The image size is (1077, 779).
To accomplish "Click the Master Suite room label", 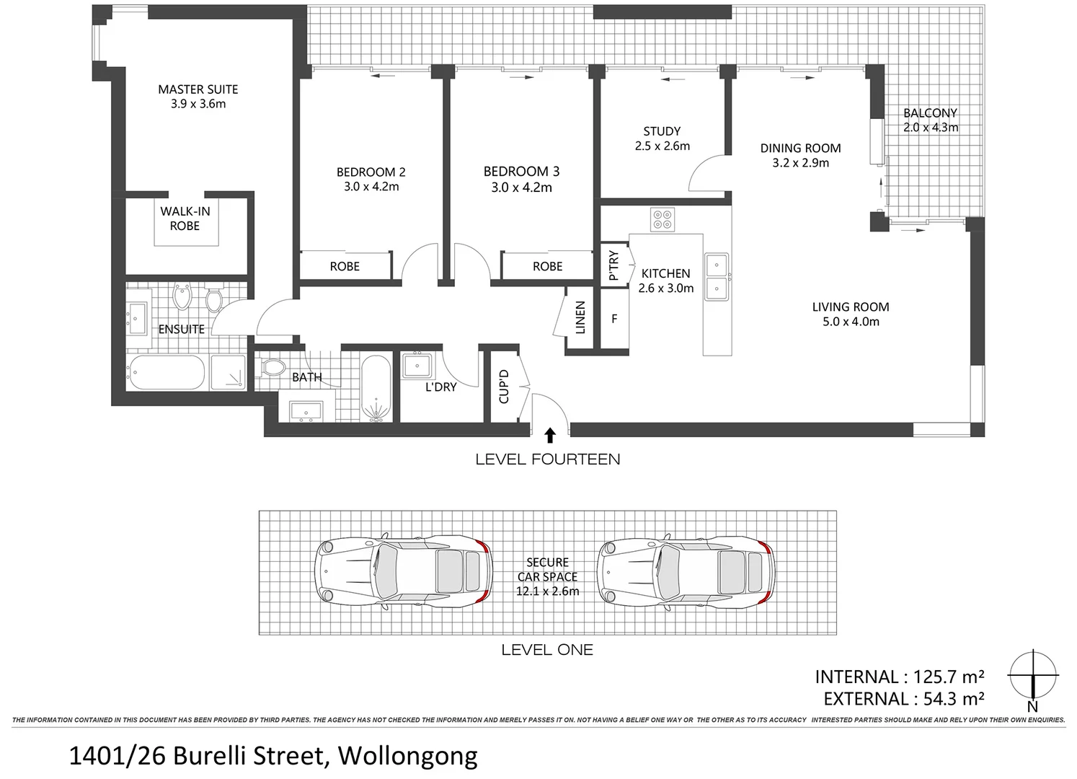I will coord(198,89).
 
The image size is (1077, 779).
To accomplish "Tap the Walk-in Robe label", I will coord(185,219).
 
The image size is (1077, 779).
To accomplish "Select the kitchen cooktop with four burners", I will coord(662,219).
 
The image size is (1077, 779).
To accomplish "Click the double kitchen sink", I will coord(717,277).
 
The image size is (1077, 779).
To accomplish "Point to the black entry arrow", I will coord(550,434).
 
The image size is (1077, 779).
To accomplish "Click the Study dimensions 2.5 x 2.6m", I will coord(662,146).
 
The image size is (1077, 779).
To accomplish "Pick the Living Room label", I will coord(850,307).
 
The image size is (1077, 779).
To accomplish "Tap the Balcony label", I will coord(930,113).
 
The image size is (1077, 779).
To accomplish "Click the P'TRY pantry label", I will coord(613,265).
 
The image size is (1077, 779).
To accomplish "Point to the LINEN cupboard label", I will coord(580,317).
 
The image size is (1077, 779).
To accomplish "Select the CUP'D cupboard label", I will coord(504,387).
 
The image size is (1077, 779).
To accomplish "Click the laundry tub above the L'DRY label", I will coord(417,366).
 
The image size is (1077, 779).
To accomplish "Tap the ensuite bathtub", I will coord(167,372).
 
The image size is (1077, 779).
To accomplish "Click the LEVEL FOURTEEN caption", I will coord(547,459).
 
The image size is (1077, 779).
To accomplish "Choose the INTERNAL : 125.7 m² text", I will coord(899,677).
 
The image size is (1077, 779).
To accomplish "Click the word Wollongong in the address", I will coord(407,756).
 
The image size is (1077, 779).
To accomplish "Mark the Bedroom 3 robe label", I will coord(547,266).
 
